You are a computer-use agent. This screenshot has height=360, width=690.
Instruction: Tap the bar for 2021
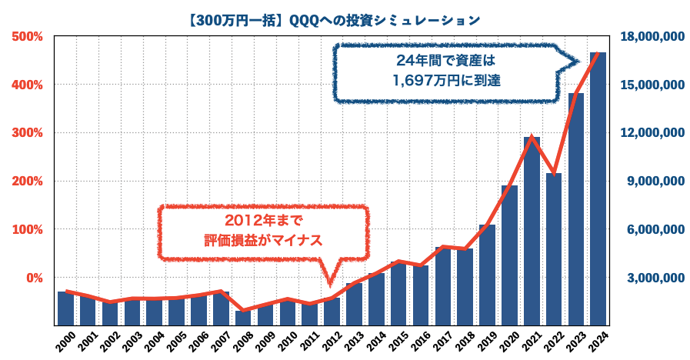pos(532,231)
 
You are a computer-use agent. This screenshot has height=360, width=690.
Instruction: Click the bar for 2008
pos(243,317)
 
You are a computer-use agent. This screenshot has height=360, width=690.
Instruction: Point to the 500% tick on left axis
pos(27,36)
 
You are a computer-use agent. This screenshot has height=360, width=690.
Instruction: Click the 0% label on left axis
pos(32,278)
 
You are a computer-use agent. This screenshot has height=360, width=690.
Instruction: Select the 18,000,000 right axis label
pos(652,36)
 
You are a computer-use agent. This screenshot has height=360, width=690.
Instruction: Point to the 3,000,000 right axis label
pos(655,278)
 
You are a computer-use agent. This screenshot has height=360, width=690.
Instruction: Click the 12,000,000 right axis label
pos(652,133)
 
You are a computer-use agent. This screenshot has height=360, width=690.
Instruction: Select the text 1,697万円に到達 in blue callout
pos(446,79)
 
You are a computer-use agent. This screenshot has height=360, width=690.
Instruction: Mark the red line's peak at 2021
pos(531,137)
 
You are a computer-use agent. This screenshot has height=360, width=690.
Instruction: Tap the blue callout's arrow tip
pos(578,62)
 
